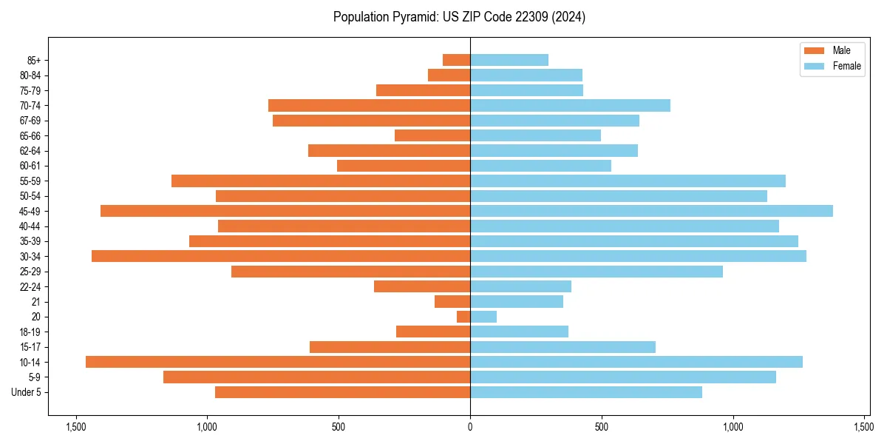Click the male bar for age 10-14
pyautogui.click(x=278, y=362)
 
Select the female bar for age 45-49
pyautogui.click(x=651, y=211)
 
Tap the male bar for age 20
pyautogui.click(x=463, y=317)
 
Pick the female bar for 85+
pyautogui.click(x=509, y=60)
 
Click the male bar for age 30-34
pyautogui.click(x=281, y=256)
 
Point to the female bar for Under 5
pyautogui.click(x=586, y=392)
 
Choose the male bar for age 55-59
pyautogui.click(x=321, y=181)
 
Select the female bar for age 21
pyautogui.click(x=517, y=302)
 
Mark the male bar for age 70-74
pyautogui.click(x=369, y=105)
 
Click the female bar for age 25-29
pyautogui.click(x=597, y=272)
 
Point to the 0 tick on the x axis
pyautogui.click(x=470, y=427)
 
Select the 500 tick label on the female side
pyautogui.click(x=602, y=427)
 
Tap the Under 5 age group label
pyautogui.click(x=27, y=392)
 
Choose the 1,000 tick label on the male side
pyautogui.click(x=207, y=427)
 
